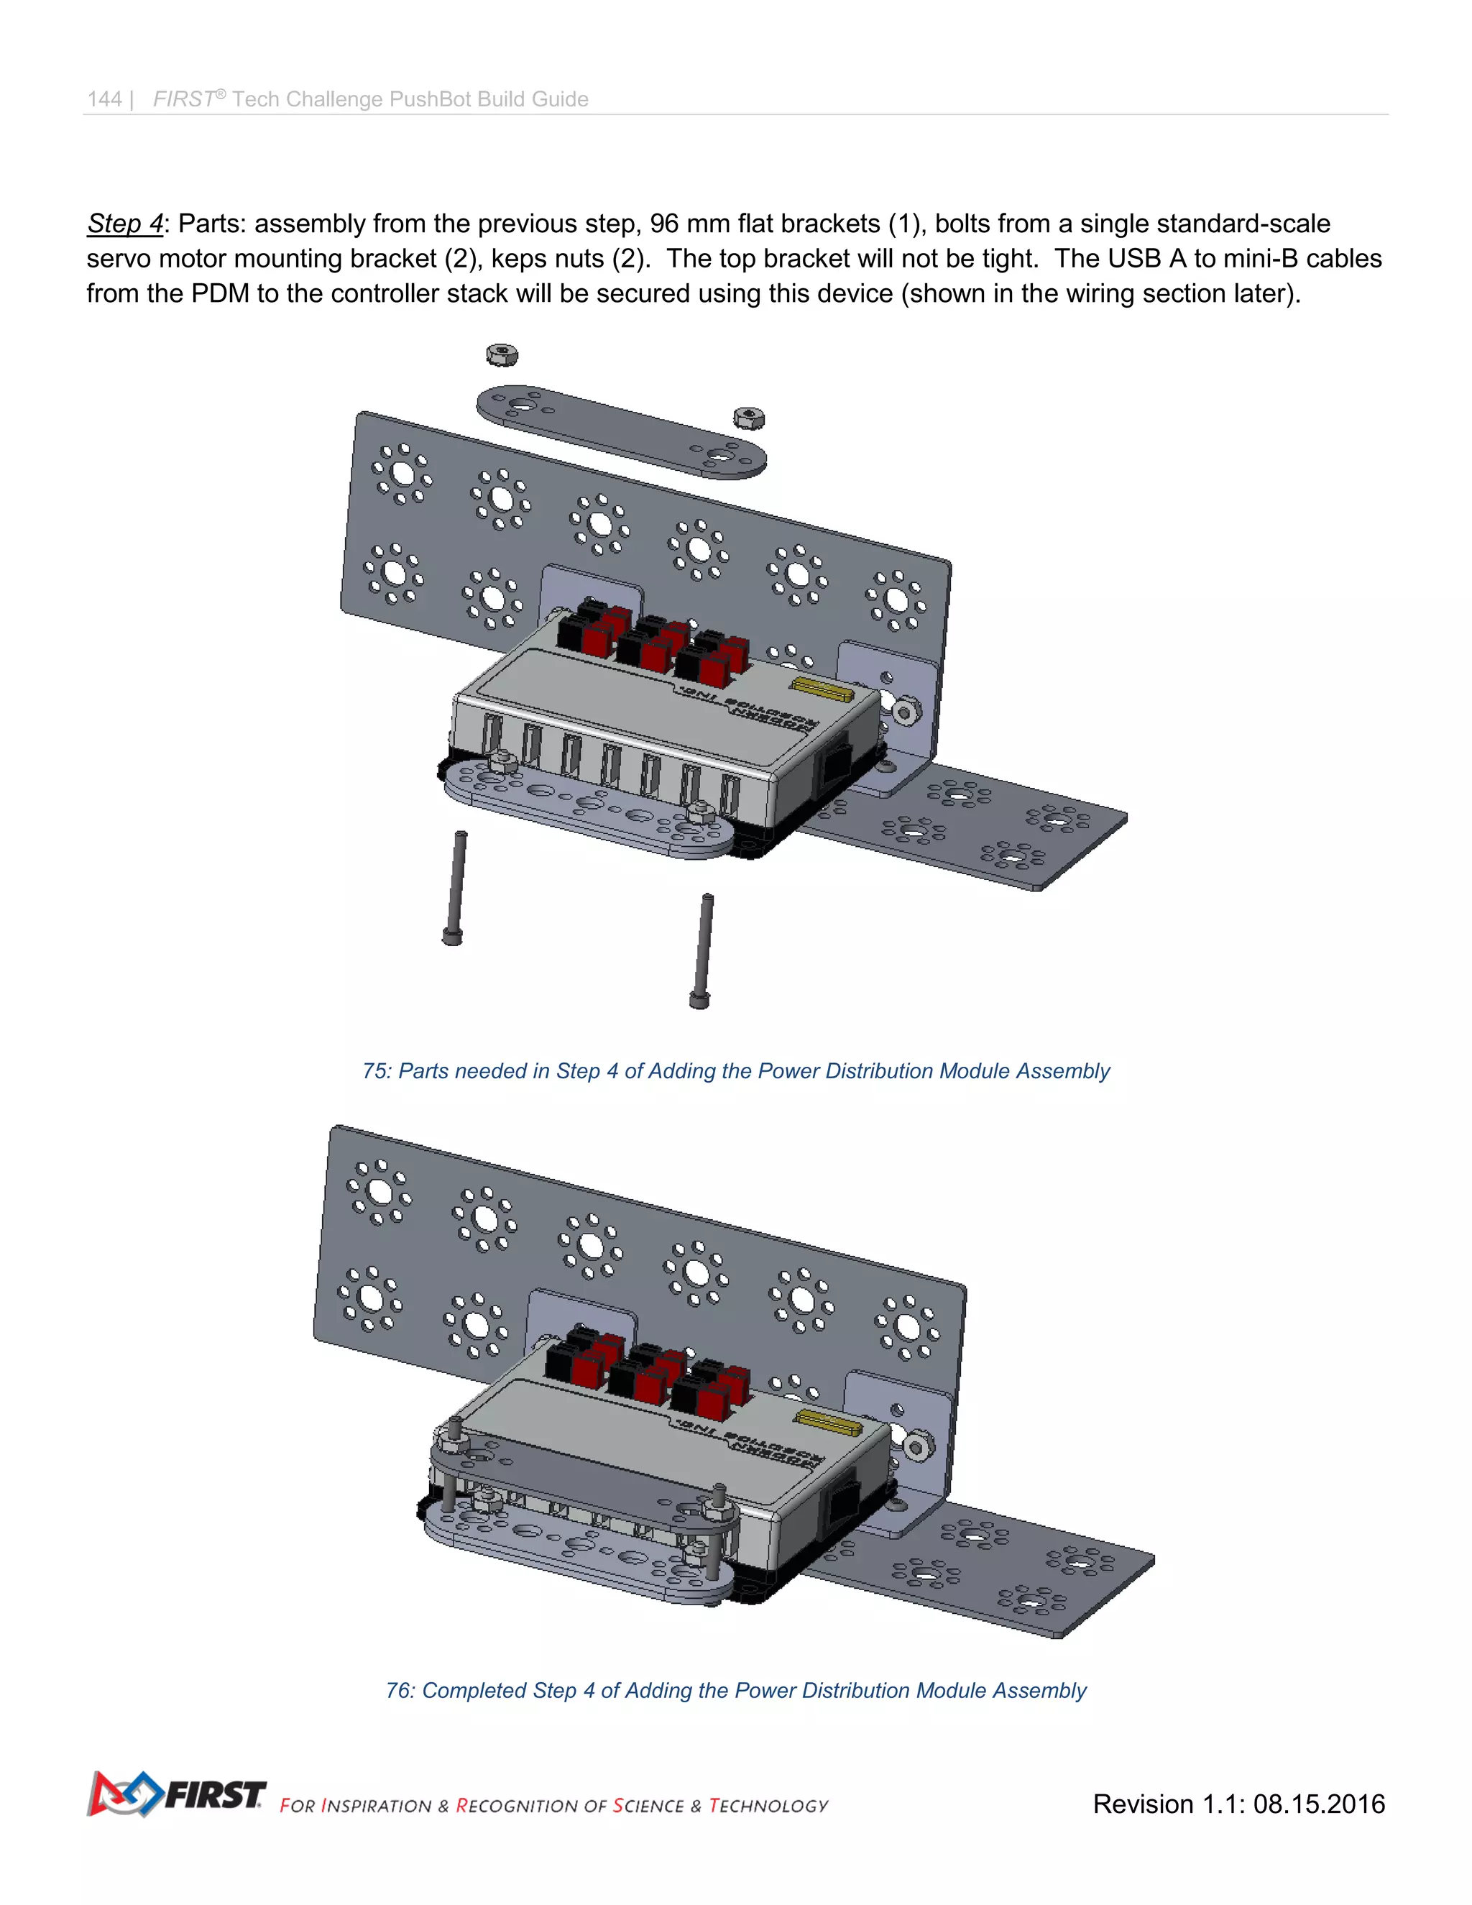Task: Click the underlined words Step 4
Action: click(124, 224)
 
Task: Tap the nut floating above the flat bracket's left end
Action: click(502, 355)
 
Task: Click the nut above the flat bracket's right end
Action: click(748, 418)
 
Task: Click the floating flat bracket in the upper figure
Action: click(621, 432)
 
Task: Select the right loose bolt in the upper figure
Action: click(703, 951)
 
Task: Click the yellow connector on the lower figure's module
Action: click(829, 1423)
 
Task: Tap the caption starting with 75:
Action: click(735, 1071)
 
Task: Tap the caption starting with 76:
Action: click(735, 1691)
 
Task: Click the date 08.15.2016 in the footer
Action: click(1318, 1804)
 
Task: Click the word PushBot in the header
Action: click(430, 99)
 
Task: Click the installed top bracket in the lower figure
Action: click(584, 1483)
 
